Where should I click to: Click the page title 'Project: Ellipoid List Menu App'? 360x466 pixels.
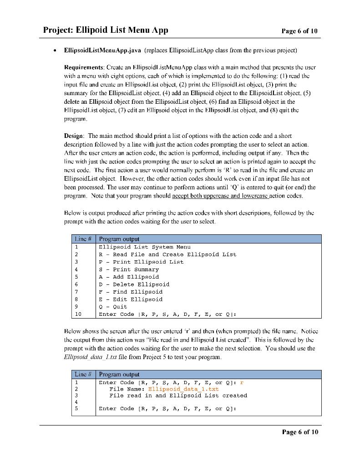[106, 30]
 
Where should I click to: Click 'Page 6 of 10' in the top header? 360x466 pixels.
[299, 31]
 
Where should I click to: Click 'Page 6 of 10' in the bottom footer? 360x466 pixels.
[299, 432]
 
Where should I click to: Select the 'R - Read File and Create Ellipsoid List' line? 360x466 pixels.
[167, 254]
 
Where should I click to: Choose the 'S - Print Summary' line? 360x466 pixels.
[129, 269]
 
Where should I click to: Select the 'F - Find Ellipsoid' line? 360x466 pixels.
[131, 292]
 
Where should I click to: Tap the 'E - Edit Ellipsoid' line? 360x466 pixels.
[131, 299]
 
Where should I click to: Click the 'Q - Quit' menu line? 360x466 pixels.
[113, 307]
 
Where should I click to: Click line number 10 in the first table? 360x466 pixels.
[78, 314]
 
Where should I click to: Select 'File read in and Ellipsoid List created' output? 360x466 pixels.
[178, 396]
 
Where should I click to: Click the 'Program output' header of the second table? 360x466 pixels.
[119, 375]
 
